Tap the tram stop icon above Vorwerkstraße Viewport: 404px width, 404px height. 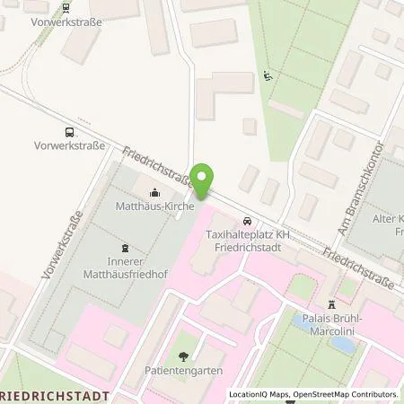pos(66,8)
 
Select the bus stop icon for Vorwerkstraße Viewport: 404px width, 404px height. pos(69,131)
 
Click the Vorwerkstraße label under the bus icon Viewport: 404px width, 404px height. pos(69,144)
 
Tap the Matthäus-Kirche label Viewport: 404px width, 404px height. pos(155,206)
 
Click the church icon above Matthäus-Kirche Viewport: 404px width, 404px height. pos(155,192)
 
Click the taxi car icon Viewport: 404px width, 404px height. pos(245,221)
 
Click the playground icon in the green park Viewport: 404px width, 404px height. pos(267,76)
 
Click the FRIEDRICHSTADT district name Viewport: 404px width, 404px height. pos(55,395)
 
